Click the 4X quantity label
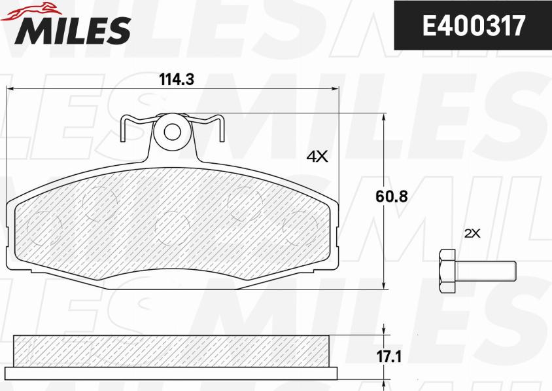coord(317,157)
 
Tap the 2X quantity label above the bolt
coord(472,233)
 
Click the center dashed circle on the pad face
coord(173,228)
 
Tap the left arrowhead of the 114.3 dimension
coord(9,90)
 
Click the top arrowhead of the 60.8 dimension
coord(383,117)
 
